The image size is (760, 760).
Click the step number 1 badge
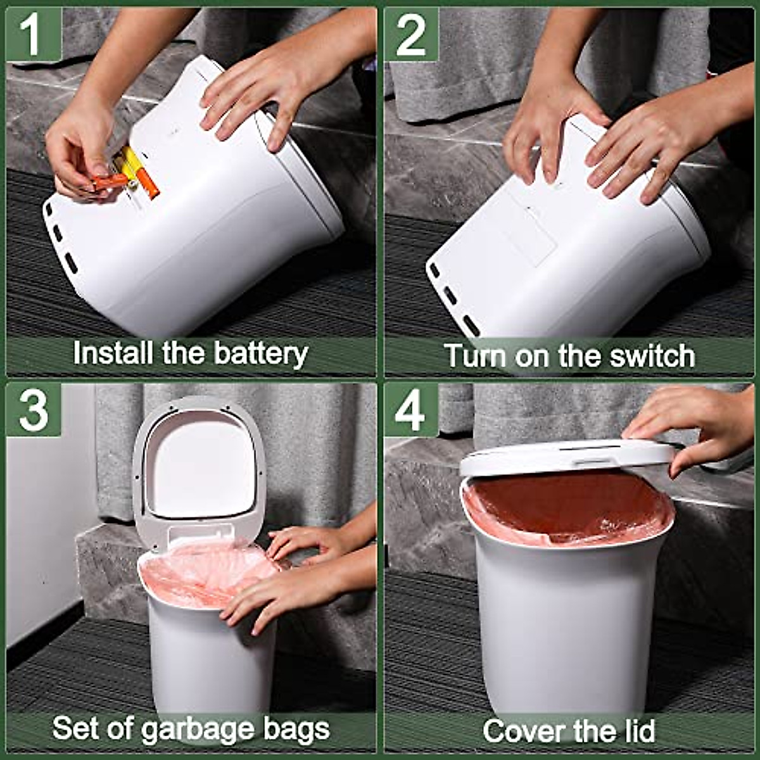click(34, 34)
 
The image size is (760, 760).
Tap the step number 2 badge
click(411, 34)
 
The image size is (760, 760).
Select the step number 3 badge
click(34, 410)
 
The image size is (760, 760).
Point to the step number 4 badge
click(411, 410)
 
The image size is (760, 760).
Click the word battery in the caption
click(261, 354)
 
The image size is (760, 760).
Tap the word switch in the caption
click(652, 356)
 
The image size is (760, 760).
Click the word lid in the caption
click(636, 731)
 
